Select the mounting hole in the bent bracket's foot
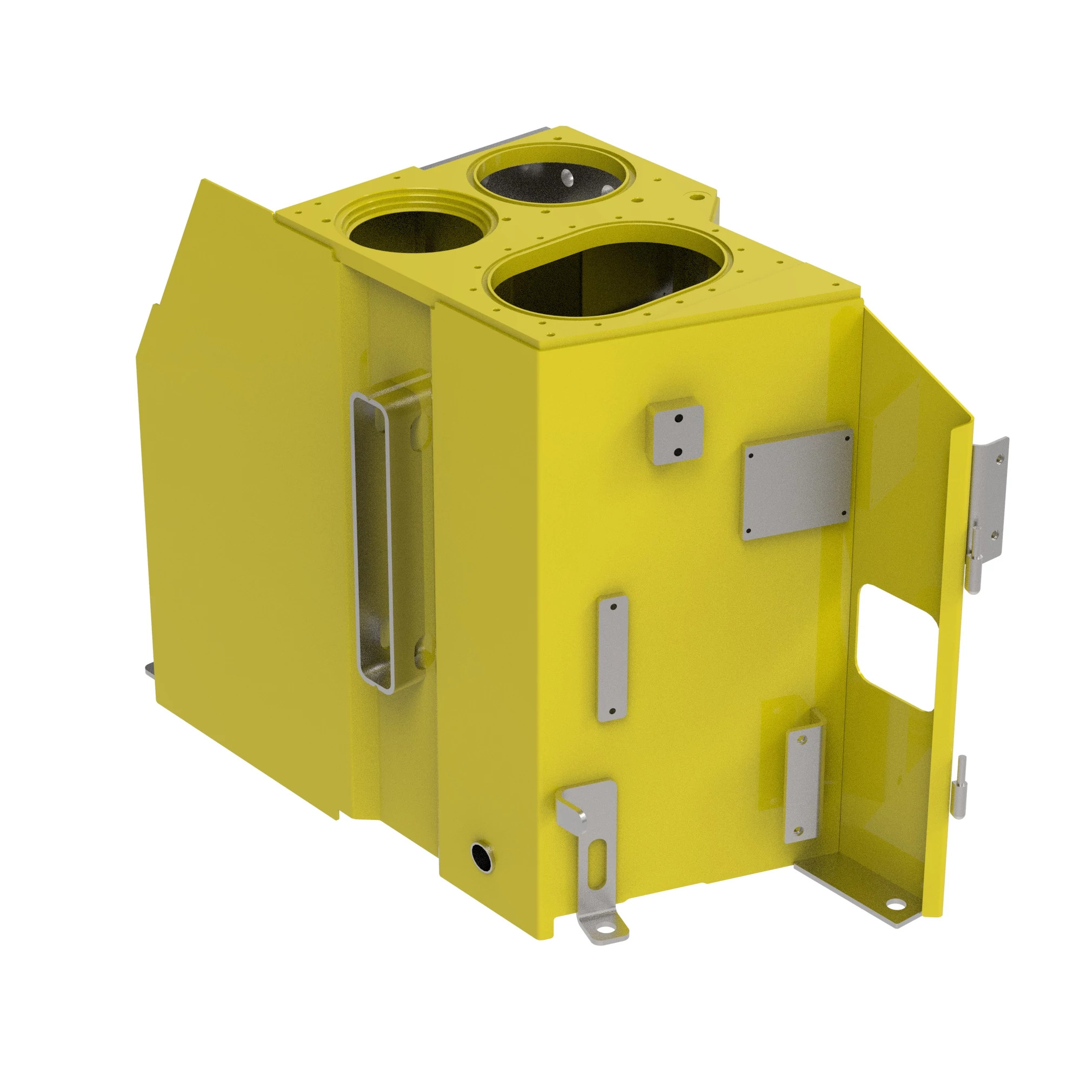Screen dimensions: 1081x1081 pyautogui.click(x=603, y=929)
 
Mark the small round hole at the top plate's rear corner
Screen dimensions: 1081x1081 pyautogui.click(x=697, y=197)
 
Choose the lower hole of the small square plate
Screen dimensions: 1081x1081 pyautogui.click(x=678, y=451)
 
